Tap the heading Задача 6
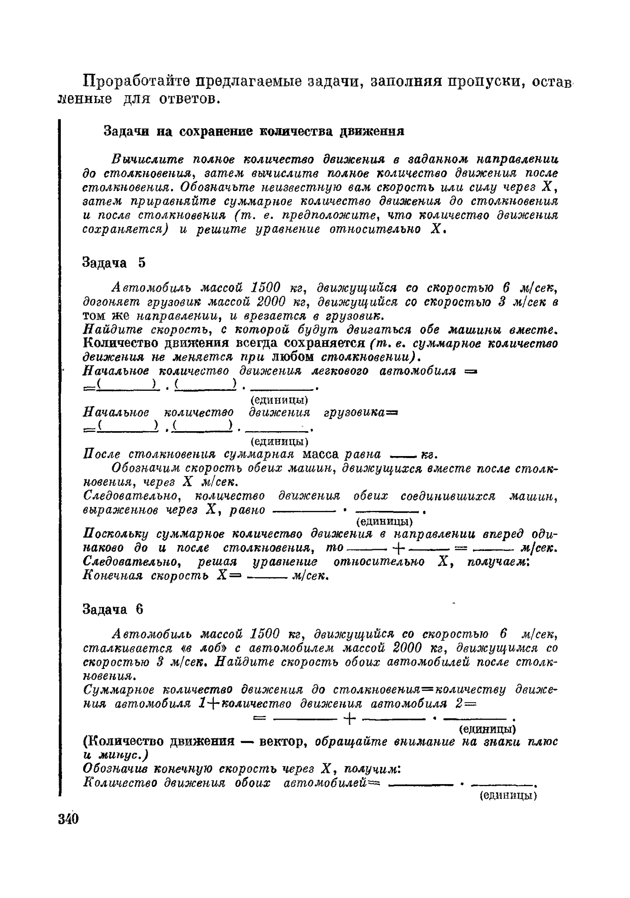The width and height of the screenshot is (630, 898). click(113, 609)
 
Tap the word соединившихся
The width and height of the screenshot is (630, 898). click(448, 496)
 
